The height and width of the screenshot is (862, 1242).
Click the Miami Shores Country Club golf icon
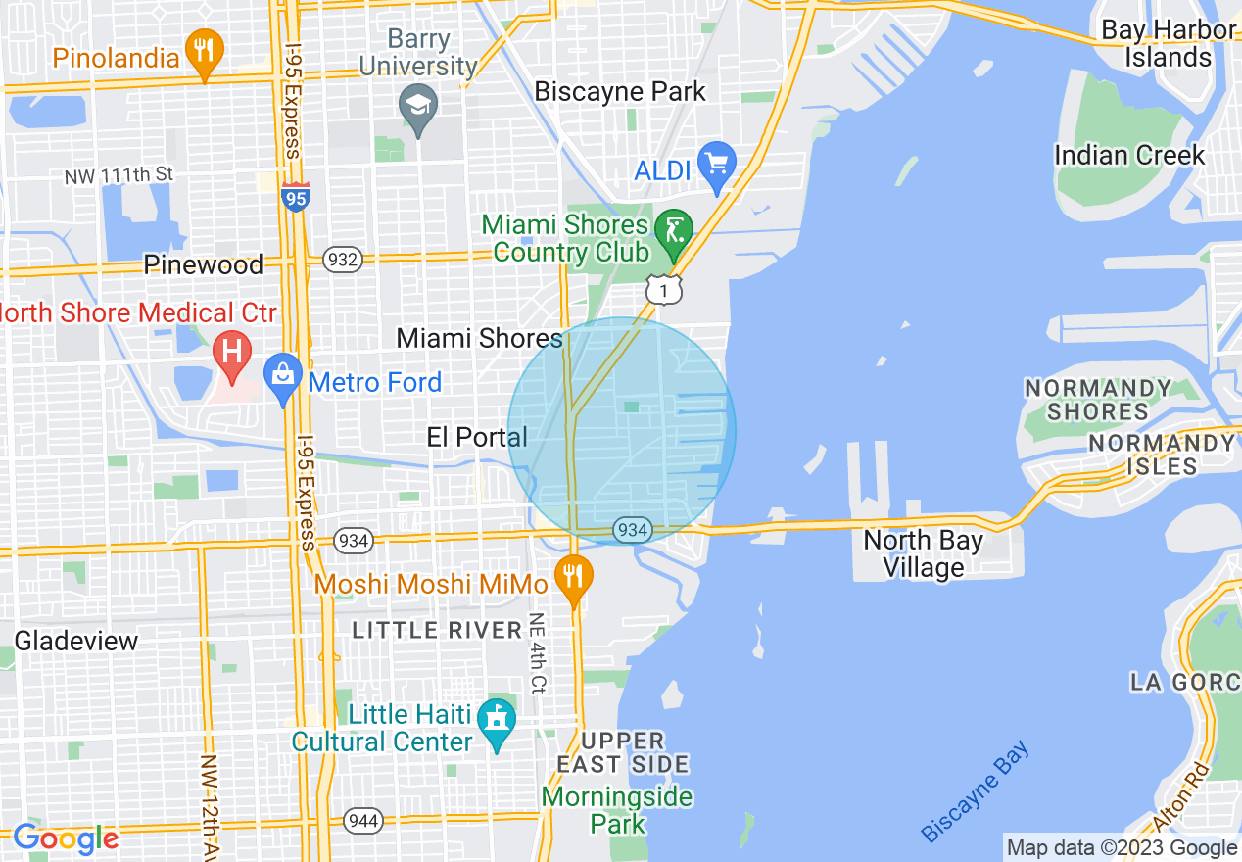(x=673, y=232)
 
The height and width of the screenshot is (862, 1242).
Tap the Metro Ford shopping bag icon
(x=283, y=377)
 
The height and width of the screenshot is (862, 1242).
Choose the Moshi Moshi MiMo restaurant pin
(x=574, y=578)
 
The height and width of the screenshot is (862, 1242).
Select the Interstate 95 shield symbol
(x=295, y=197)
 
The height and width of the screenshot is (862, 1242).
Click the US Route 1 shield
(x=663, y=288)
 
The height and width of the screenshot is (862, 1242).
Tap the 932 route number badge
(x=343, y=260)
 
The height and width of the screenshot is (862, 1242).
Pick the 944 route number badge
(x=363, y=820)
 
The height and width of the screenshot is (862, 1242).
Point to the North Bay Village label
(x=923, y=553)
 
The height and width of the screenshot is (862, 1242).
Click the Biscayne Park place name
(x=620, y=92)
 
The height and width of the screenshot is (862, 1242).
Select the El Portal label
(x=477, y=437)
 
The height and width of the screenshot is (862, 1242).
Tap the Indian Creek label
(x=1129, y=155)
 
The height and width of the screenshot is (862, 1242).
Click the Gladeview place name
(x=76, y=642)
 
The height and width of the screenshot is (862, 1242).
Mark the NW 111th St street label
(x=119, y=176)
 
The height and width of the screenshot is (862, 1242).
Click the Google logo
(x=66, y=838)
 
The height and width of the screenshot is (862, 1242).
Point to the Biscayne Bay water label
(x=976, y=792)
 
